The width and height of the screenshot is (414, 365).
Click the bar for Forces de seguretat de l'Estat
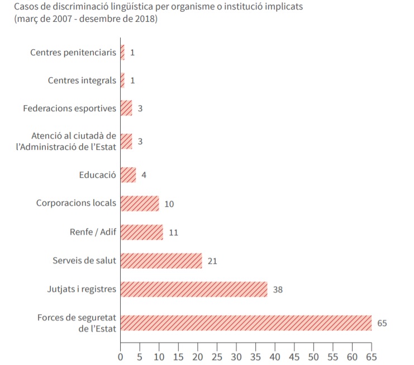[x=246, y=323]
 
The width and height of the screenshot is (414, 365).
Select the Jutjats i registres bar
[x=194, y=289]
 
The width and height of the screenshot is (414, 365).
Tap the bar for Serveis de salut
[x=161, y=260]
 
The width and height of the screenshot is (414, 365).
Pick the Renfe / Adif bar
[x=141, y=232]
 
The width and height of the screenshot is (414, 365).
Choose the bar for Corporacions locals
[x=140, y=203]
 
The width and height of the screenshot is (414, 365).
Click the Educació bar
[x=128, y=175]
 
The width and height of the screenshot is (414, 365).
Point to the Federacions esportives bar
[x=126, y=108]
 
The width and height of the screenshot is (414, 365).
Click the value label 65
[x=382, y=323]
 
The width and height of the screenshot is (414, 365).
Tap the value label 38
[x=278, y=290]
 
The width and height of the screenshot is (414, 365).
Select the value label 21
[x=212, y=261]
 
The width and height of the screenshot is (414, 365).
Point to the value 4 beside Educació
[x=144, y=175]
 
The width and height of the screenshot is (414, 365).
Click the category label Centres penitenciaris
[x=73, y=53]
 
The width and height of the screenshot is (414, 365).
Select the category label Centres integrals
[x=82, y=80]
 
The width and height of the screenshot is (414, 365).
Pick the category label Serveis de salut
[x=84, y=260]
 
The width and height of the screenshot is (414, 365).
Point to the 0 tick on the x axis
[x=121, y=355]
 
